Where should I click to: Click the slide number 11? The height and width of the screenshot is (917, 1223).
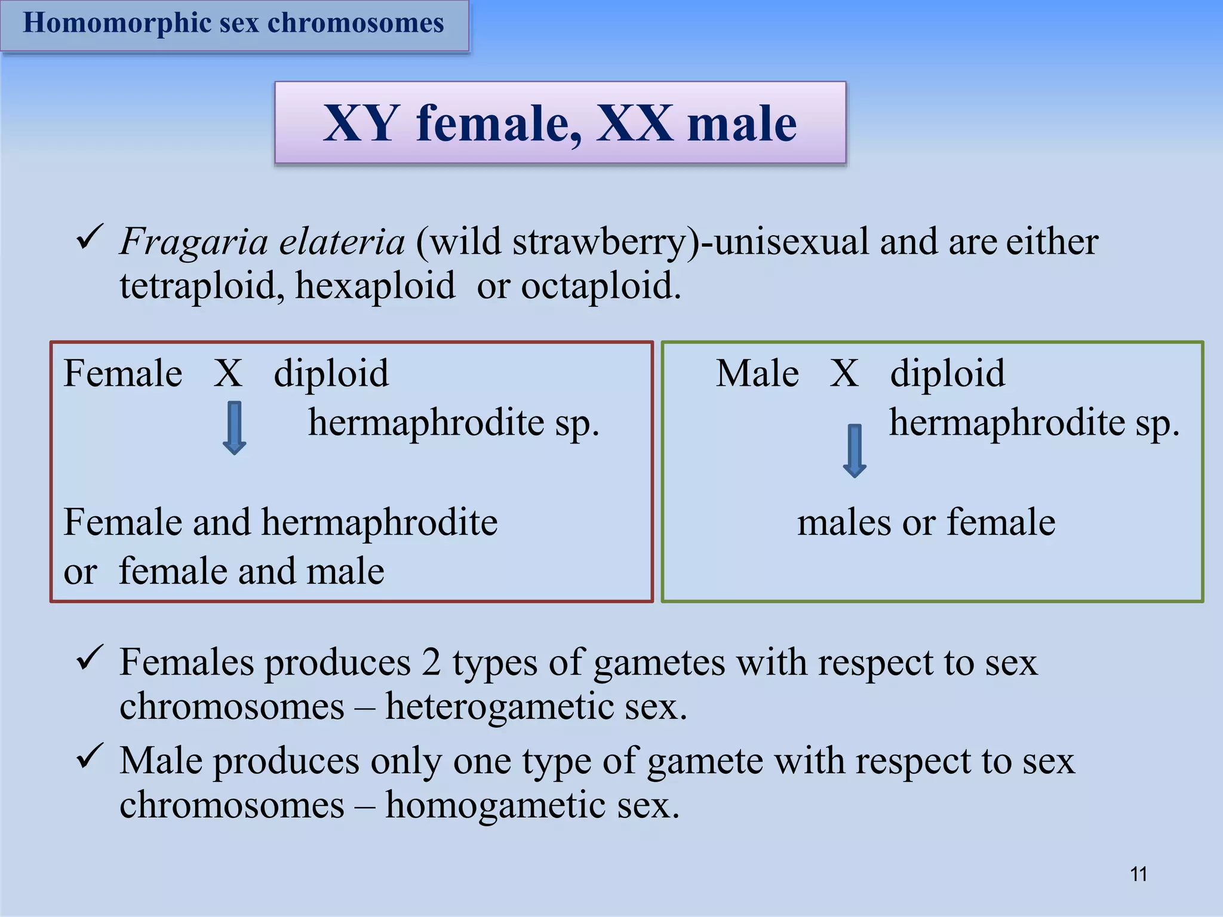coord(1138,874)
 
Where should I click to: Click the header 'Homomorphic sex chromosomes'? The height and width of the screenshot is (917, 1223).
coord(233,23)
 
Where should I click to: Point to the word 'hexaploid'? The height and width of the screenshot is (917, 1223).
coord(374,286)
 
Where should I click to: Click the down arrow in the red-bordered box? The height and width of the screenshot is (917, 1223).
coord(234,427)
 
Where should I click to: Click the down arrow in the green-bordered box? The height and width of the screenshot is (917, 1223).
coord(855,450)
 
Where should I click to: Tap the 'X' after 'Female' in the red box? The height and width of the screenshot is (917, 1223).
coord(228,374)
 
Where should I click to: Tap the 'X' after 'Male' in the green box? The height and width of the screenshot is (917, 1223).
coord(844,374)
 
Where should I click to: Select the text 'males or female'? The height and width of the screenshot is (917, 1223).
coord(926,522)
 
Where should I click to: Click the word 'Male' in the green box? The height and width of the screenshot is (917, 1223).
coord(757,374)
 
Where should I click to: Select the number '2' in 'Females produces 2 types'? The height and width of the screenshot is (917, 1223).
coord(431,663)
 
